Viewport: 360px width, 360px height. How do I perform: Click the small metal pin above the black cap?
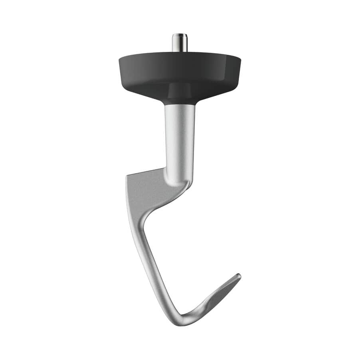pos(180,43)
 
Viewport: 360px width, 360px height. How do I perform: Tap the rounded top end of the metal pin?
pos(180,35)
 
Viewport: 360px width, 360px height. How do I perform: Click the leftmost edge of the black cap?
pos(119,61)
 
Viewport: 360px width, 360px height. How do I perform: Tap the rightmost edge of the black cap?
pos(240,61)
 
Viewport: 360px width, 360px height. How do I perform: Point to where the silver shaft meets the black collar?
pos(180,105)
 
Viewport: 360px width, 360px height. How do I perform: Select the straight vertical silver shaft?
pos(180,140)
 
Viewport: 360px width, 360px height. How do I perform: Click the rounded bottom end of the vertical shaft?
pos(182,182)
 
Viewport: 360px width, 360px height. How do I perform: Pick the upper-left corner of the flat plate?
pos(127,176)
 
